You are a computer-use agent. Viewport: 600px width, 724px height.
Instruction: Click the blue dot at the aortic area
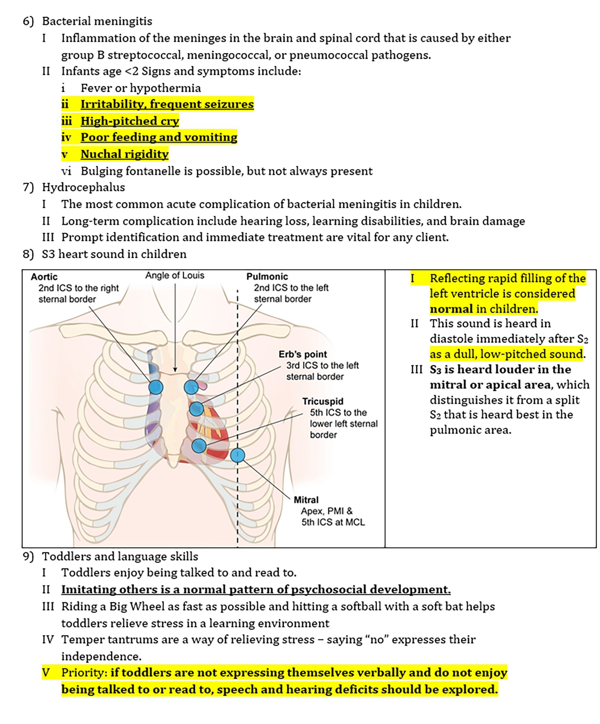156,387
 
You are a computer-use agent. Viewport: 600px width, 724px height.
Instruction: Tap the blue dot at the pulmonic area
191,387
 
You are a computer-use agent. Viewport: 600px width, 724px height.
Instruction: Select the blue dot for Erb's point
196,409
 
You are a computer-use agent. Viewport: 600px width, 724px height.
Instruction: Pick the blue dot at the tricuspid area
199,446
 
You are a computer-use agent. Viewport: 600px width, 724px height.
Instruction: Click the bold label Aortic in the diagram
44,277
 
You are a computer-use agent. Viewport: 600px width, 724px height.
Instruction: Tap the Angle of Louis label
175,275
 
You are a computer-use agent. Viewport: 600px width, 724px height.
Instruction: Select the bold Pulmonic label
267,277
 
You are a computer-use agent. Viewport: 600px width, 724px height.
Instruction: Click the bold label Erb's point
303,355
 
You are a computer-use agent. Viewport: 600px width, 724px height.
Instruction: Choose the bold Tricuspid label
323,401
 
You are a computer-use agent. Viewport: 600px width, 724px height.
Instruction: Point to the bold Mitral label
306,500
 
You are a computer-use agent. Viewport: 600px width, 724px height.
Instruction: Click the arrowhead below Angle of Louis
175,370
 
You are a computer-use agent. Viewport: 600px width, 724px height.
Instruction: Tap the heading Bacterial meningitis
97,21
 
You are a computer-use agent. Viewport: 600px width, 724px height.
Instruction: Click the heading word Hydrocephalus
83,187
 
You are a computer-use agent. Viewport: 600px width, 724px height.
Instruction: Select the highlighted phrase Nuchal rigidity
124,154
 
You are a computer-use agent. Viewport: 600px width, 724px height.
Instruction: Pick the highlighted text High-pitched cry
130,121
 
